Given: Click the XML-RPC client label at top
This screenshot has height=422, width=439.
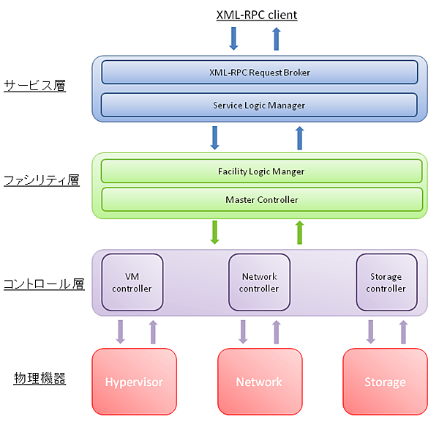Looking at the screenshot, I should pos(257,15).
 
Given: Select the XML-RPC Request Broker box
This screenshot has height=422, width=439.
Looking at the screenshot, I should pos(259,73).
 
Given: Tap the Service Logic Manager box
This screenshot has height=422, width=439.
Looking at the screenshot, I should pos(259,105).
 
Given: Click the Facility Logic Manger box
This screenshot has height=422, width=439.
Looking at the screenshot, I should pos(261,171).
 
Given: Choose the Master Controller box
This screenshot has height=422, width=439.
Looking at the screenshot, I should pos(261,199).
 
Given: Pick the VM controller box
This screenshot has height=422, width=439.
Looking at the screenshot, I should pos(132,283).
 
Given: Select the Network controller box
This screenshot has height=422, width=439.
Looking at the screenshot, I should pos(259,283).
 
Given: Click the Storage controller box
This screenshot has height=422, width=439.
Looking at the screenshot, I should pos(386,283).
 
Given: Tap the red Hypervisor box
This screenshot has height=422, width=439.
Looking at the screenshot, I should pos(134,382).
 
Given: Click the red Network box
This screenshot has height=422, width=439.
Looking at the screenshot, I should pos(259,382).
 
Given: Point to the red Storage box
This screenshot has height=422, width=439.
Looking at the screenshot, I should pos(385,382).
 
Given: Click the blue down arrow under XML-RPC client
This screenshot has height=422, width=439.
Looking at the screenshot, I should pos(233,38).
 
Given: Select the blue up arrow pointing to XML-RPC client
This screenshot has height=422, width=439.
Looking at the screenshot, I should pos(277,38).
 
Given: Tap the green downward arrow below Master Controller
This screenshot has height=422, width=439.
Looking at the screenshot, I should pos(215,232).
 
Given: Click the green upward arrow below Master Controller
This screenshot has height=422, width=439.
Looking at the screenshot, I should pos(299,233).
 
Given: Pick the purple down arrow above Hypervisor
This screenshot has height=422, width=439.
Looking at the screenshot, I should pos(121,331).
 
